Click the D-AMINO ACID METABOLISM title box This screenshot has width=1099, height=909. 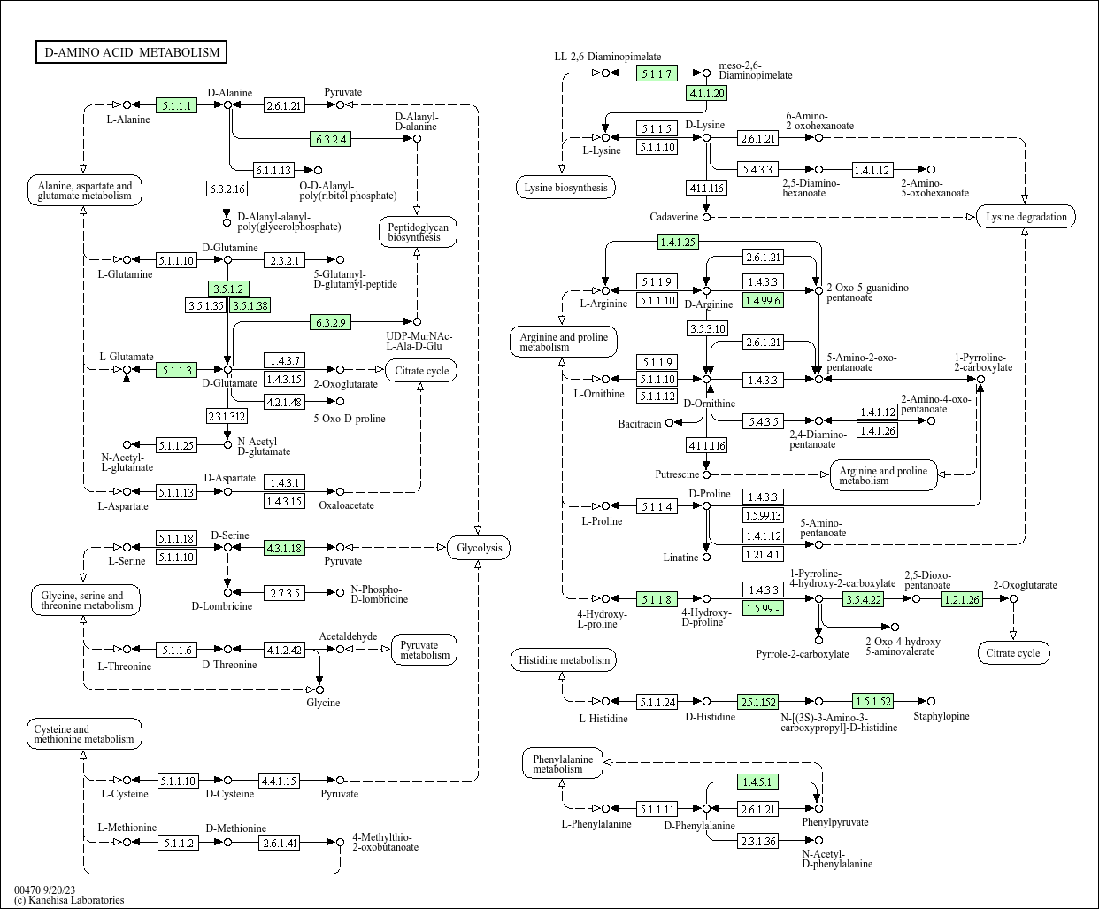pyautogui.click(x=132, y=52)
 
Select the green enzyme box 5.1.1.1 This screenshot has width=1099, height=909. pyautogui.click(x=176, y=105)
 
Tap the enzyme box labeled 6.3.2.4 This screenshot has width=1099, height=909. pyautogui.click(x=331, y=139)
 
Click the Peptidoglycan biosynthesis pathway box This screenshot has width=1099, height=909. pyautogui.click(x=418, y=232)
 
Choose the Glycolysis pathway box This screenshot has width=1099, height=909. pyautogui.click(x=479, y=548)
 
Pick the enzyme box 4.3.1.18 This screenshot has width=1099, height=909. pyautogui.click(x=284, y=548)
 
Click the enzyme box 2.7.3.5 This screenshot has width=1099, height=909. pyautogui.click(x=284, y=592)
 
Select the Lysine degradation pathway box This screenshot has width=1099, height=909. pyautogui.click(x=1026, y=217)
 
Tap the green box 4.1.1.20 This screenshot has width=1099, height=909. pyautogui.click(x=706, y=93)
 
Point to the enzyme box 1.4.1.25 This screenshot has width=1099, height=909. pyautogui.click(x=678, y=242)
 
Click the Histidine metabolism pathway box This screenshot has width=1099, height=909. pyautogui.click(x=564, y=660)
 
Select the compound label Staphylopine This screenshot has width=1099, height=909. pyautogui.click(x=941, y=716)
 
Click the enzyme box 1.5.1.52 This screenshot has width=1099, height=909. pyautogui.click(x=872, y=702)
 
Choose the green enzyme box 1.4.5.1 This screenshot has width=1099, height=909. pyautogui.click(x=758, y=782)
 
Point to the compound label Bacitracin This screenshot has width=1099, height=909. pyautogui.click(x=639, y=424)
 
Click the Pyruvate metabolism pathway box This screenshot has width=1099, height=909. pyautogui.click(x=424, y=650)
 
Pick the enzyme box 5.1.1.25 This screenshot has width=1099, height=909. pyautogui.click(x=175, y=445)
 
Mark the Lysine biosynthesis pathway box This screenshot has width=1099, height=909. pyautogui.click(x=565, y=188)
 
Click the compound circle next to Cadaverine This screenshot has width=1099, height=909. pyautogui.click(x=706, y=217)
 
